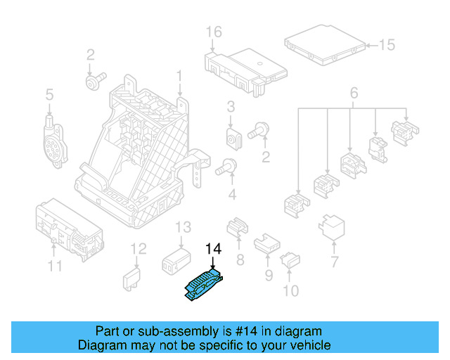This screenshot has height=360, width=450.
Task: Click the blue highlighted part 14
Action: (202, 286)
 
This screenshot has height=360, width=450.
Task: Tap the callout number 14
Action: (212, 249)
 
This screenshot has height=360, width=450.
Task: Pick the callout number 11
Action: (55, 265)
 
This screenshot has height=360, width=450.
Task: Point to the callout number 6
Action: (353, 93)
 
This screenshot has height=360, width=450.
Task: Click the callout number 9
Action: (269, 276)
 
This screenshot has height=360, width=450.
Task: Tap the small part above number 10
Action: (289, 262)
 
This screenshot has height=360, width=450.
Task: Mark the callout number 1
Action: (179, 75)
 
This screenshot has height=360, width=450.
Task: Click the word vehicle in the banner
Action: (308, 345)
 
